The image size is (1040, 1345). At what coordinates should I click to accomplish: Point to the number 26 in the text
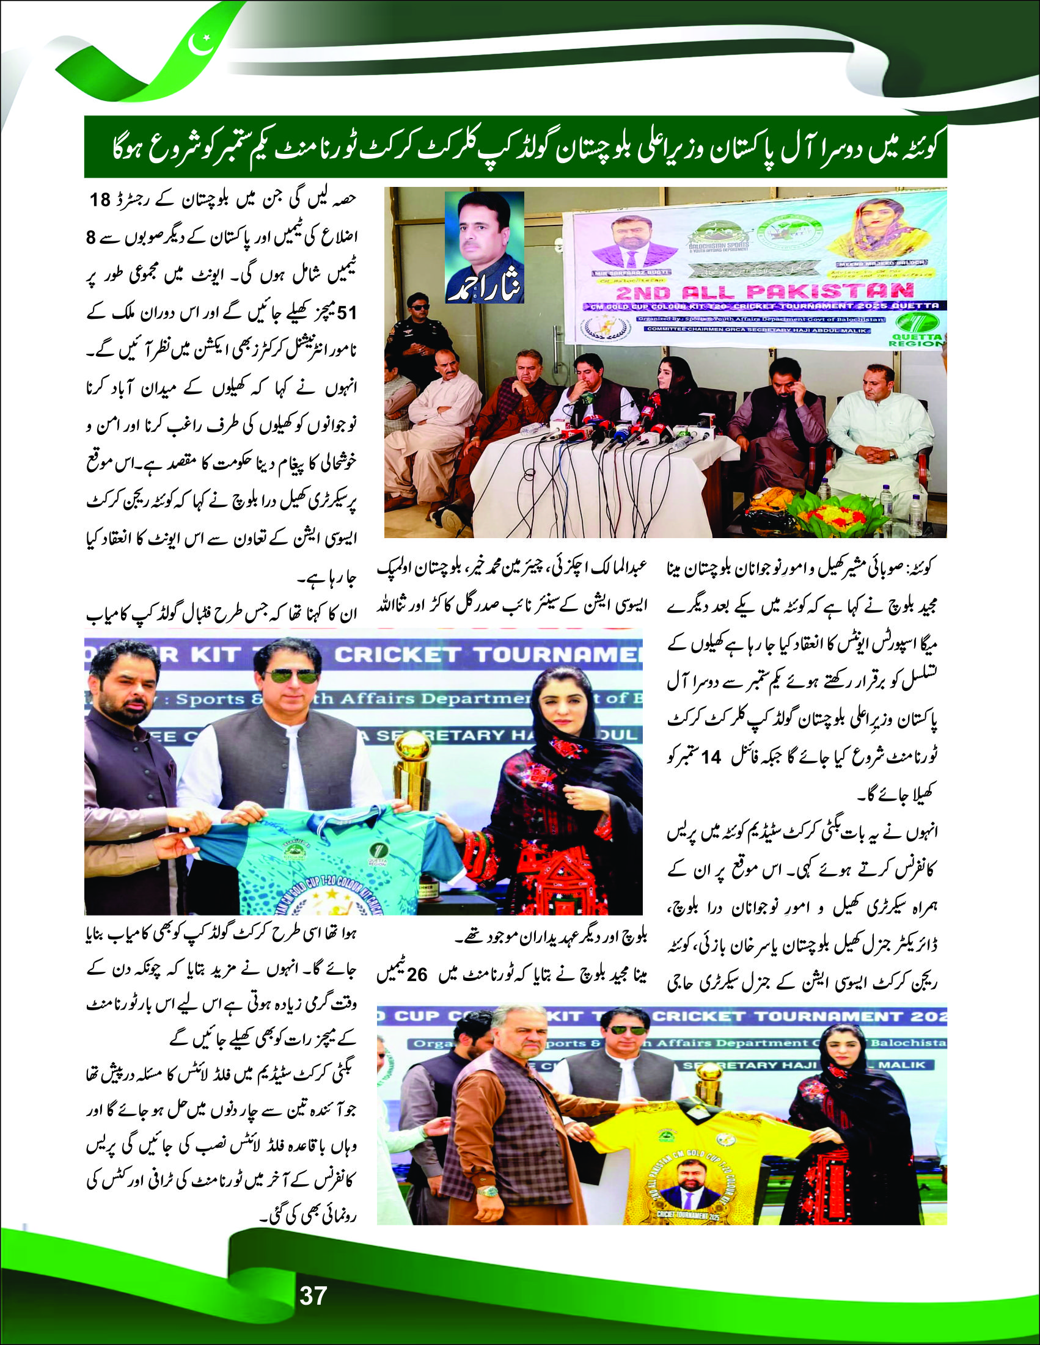click(417, 976)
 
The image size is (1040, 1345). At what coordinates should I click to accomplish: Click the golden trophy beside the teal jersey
click(412, 767)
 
